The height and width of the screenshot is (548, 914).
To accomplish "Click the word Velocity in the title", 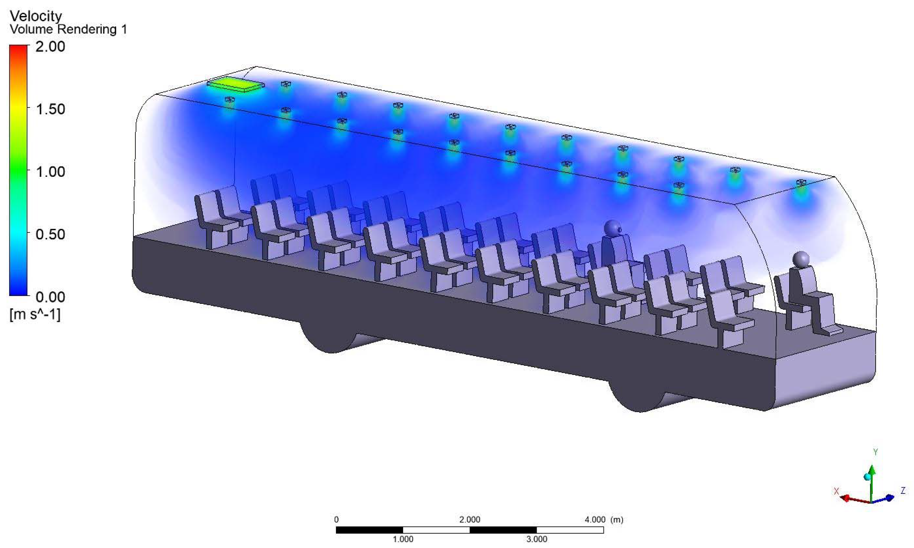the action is click(x=36, y=16).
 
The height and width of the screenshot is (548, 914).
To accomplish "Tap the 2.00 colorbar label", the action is click(x=50, y=47).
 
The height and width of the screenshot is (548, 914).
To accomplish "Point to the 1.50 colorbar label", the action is click(x=50, y=109).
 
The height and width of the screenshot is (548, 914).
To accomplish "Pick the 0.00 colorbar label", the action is click(x=50, y=296).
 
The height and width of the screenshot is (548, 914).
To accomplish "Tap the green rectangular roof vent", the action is click(x=235, y=84).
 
